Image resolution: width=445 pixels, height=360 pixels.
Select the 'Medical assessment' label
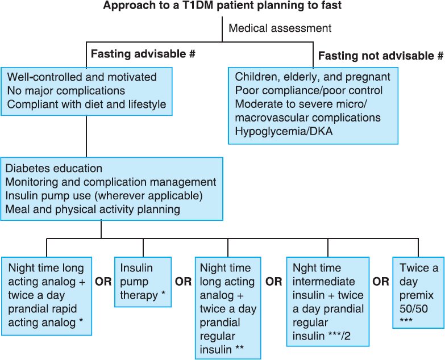point(280,28)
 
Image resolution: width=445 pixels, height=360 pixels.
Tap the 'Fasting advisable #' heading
point(143,53)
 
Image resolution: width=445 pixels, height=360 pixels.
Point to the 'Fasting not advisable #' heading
point(381,56)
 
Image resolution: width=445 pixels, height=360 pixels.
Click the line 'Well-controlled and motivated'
point(82,77)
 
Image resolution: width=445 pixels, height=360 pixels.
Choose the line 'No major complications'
point(66,90)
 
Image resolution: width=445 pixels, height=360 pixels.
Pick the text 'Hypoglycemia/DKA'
point(284,131)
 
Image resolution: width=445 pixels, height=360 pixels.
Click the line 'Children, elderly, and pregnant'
point(313,77)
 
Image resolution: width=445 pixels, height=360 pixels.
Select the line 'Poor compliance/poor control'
point(309,90)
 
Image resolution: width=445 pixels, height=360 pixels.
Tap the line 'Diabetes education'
point(54,169)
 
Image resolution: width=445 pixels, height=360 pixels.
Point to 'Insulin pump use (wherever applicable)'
point(104,195)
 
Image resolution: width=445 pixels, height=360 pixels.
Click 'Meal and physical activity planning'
point(93,209)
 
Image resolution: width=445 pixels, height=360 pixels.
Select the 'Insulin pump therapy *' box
point(143,282)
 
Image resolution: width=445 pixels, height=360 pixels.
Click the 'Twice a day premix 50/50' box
point(418,292)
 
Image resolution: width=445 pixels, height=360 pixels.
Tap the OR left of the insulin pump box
point(103,282)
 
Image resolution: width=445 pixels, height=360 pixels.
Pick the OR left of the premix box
point(381,282)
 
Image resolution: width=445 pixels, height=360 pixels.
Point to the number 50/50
point(414,309)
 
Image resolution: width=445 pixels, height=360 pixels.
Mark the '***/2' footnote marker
point(339,336)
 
